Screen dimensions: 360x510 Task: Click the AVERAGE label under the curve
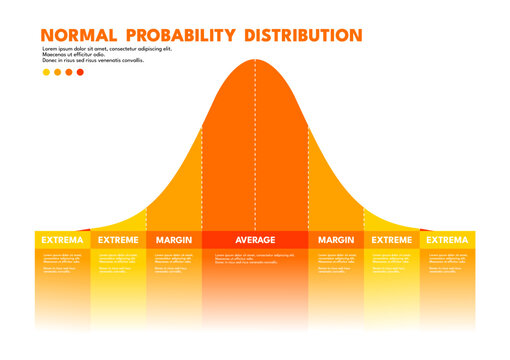[255, 240]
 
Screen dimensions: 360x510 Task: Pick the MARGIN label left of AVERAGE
[174, 240]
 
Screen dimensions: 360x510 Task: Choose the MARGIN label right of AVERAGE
[336, 240]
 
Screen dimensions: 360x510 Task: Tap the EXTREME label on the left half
[119, 240]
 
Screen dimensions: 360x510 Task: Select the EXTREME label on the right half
[392, 240]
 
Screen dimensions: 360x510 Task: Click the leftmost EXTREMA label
[62, 240]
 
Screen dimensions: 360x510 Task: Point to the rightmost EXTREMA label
[446, 240]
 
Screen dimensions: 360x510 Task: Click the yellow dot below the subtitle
[46, 72]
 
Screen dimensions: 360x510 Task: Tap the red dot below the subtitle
[81, 72]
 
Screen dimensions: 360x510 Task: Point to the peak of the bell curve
[255, 60]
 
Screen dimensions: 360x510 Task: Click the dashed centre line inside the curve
[255, 150]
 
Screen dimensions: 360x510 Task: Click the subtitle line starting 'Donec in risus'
[93, 60]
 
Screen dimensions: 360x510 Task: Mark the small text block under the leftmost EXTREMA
[62, 262]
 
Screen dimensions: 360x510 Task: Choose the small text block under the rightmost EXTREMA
[446, 262]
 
